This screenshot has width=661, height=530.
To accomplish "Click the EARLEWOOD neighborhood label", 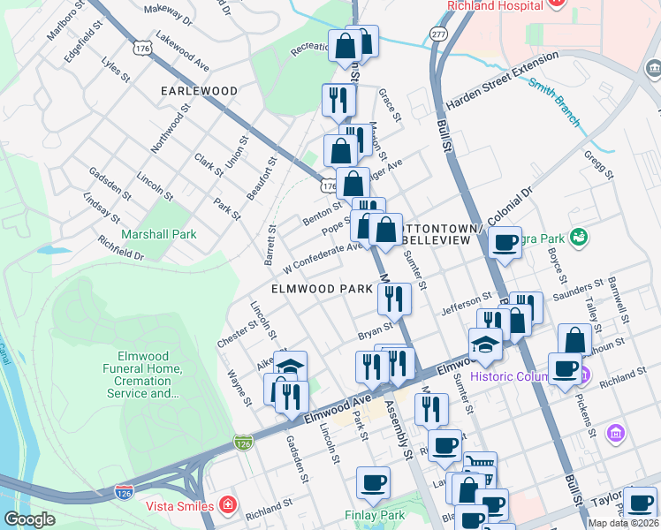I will click(x=199, y=91).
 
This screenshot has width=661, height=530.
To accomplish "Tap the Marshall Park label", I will click(x=160, y=234).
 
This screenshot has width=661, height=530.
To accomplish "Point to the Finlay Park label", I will click(x=372, y=515).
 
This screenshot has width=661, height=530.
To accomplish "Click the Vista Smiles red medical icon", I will click(x=229, y=506).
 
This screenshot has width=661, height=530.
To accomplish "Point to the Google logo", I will click(x=29, y=519).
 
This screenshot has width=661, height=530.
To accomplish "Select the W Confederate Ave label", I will click(x=323, y=256).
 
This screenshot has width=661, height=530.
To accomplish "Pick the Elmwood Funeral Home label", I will click(x=141, y=380).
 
